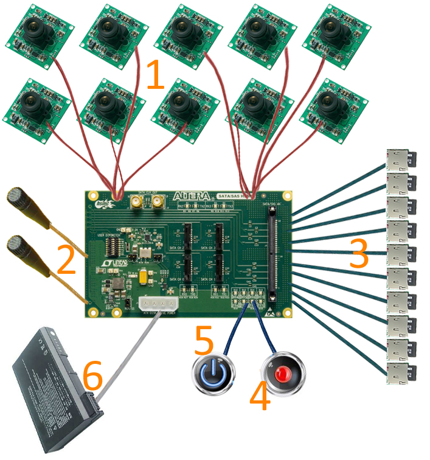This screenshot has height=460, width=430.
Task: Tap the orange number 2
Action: click(x=66, y=259)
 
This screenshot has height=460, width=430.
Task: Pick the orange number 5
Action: click(x=204, y=342)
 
